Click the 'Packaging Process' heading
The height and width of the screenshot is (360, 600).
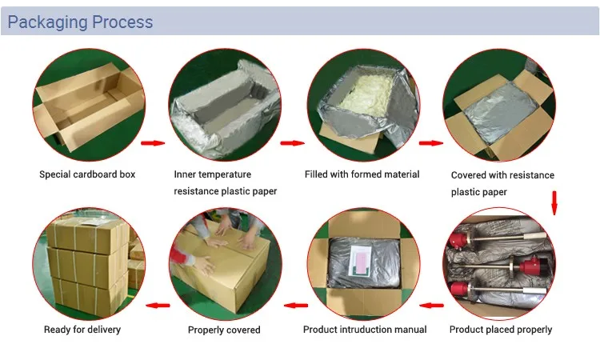pyautogui.click(x=80, y=22)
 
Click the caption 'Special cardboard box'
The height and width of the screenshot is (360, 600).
pyautogui.click(x=88, y=174)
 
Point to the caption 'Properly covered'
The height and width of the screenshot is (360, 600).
pyautogui.click(x=224, y=330)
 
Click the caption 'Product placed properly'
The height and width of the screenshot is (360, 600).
pyautogui.click(x=501, y=329)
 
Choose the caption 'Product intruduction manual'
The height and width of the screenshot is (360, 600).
pyautogui.click(x=365, y=329)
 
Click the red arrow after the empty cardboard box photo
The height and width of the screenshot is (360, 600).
pyautogui.click(x=152, y=144)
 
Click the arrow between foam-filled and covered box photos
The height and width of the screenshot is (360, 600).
pyautogui.click(x=430, y=144)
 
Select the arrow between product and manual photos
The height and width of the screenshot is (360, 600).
pyautogui.click(x=433, y=305)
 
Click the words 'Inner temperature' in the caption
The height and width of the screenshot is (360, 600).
pyautogui.click(x=213, y=174)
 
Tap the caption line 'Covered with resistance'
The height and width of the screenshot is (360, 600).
pyautogui.click(x=502, y=175)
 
